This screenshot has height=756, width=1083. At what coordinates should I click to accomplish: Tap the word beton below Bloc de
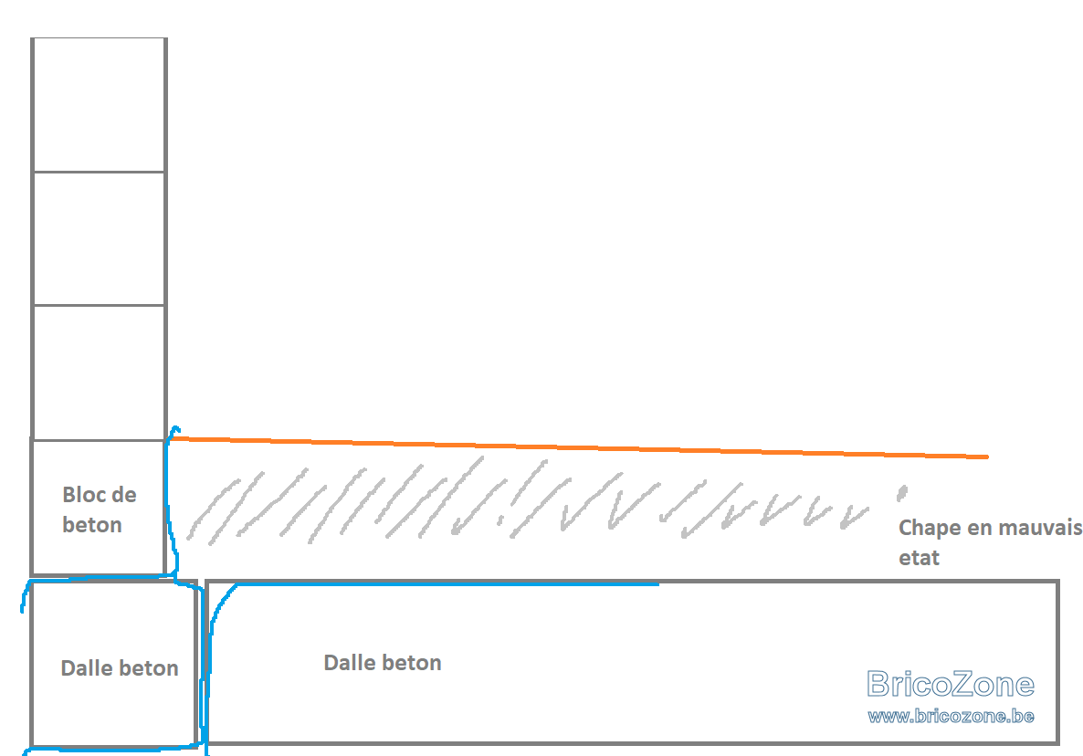point(92,525)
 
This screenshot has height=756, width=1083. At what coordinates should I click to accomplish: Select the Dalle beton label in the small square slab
point(120,667)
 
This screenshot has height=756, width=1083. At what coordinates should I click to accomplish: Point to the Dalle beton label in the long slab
point(383,662)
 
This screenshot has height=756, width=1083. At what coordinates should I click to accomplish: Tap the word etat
point(919,558)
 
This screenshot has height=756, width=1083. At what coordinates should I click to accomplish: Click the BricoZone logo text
point(951,684)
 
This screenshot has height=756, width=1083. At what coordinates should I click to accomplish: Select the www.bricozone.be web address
point(952,716)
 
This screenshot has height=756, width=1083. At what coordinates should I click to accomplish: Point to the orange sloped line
point(579,447)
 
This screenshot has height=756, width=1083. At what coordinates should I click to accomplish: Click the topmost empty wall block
point(99,104)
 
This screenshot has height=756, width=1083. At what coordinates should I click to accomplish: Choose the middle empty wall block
point(99,238)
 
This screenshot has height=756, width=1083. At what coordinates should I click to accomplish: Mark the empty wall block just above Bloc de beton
point(99,373)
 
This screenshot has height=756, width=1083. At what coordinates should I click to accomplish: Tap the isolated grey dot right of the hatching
point(901,492)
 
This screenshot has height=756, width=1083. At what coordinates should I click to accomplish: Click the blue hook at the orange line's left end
point(173,431)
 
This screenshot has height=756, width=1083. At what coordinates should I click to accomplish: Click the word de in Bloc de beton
point(123,494)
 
